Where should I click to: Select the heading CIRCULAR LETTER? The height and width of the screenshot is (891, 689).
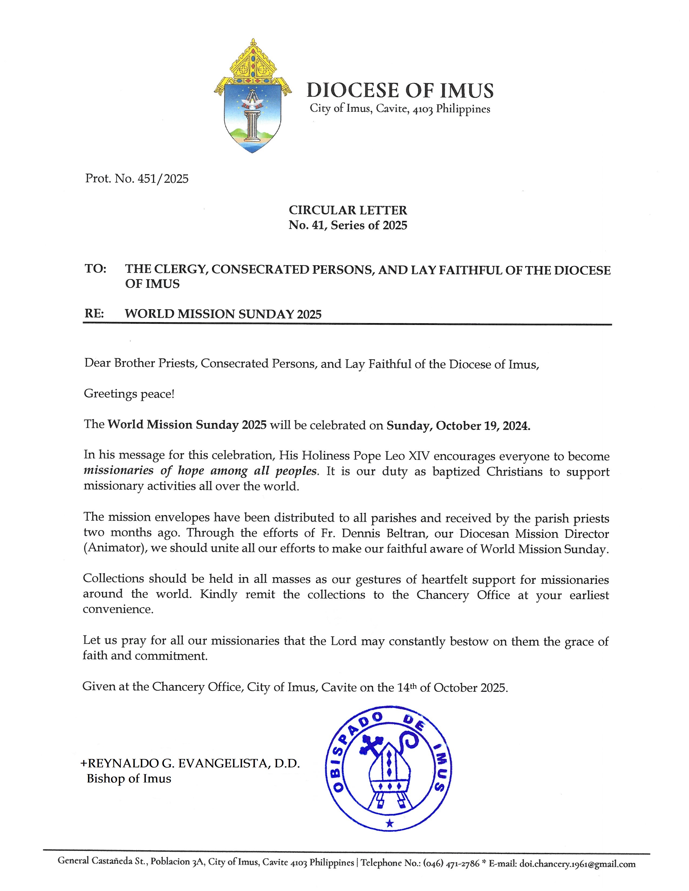tap(348, 210)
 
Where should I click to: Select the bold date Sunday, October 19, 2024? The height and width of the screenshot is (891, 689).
tap(458, 426)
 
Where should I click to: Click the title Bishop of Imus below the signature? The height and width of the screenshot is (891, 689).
tap(129, 778)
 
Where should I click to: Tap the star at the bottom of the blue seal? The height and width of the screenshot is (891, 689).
tap(389, 823)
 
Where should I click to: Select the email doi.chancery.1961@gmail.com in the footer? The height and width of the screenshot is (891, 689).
tap(577, 864)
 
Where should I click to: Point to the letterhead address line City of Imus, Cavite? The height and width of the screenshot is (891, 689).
tap(400, 109)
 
